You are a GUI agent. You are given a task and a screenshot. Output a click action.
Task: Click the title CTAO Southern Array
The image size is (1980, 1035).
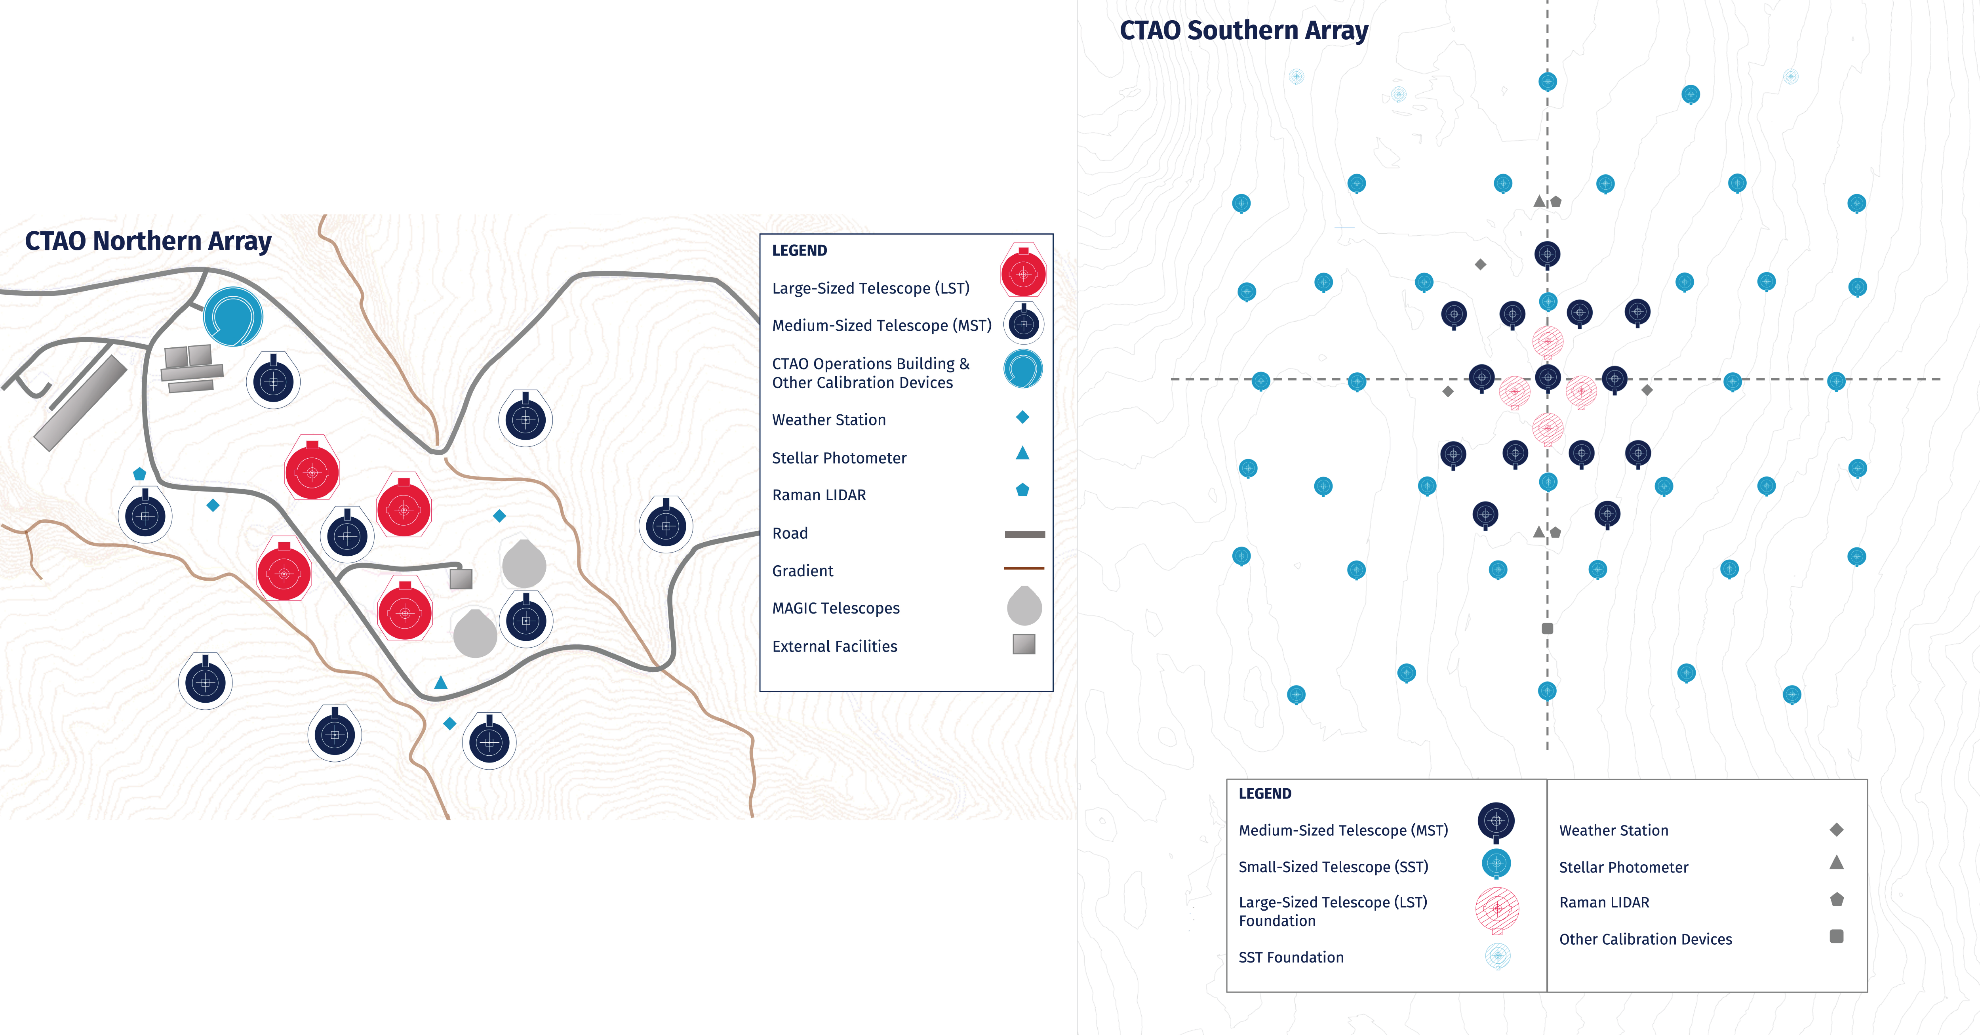pos(1244,31)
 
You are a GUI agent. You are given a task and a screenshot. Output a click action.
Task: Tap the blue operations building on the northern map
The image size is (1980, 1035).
pos(233,316)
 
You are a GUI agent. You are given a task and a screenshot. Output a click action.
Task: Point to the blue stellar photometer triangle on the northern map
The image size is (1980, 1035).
pos(440,682)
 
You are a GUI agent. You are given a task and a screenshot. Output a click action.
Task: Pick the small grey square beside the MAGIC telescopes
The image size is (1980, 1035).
pos(461,578)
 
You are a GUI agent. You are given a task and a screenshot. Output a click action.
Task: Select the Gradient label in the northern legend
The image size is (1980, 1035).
pos(802,570)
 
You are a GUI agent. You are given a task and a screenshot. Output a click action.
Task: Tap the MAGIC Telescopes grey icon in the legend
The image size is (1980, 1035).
pos(1024,606)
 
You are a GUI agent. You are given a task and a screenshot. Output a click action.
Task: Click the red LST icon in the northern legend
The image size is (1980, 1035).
pos(1023,271)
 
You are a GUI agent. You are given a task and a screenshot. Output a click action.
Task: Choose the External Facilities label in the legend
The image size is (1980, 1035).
pos(835,646)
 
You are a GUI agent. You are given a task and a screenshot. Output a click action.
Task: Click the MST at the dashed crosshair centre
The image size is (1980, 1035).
pos(1547,377)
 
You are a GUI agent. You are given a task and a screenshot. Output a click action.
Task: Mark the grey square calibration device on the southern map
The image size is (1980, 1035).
pos(1547,628)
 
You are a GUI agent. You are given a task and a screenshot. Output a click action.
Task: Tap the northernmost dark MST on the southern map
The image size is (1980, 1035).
pos(1547,254)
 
